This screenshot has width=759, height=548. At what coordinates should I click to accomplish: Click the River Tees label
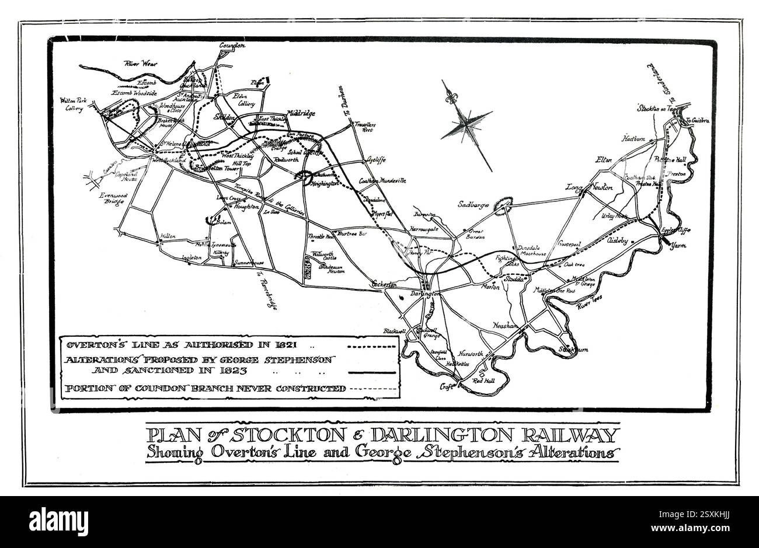[x=589, y=302]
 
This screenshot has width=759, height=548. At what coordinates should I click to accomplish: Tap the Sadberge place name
[x=473, y=206]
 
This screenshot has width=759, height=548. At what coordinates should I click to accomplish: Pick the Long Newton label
[x=589, y=187]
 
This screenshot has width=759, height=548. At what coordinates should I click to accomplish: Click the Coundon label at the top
[x=232, y=46]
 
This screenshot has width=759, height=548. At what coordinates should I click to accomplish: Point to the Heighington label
[x=323, y=183]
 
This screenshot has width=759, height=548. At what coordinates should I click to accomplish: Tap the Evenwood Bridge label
[x=111, y=199]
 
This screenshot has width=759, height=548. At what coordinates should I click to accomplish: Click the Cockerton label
[x=384, y=284]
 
